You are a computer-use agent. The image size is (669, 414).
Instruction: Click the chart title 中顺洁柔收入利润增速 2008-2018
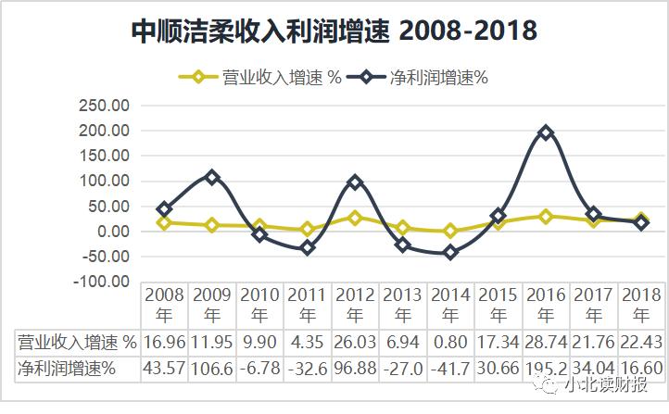334,31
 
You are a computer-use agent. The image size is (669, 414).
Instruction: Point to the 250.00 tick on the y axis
106,106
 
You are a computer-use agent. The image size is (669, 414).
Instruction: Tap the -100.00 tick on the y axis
102,281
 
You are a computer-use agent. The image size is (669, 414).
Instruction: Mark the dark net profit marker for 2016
546,132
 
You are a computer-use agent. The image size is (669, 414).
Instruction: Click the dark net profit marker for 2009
212,177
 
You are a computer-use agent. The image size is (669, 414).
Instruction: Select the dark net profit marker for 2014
451,252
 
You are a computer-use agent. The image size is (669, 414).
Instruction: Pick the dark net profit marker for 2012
355,182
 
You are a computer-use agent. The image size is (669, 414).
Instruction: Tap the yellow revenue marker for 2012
355,218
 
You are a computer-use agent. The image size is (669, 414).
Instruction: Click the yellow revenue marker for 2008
165,222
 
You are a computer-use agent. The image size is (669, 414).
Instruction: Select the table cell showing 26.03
355,343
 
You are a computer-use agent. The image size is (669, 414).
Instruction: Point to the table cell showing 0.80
451,343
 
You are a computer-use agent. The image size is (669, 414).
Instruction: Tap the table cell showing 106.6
212,369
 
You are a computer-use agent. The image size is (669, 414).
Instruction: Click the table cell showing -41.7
451,369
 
